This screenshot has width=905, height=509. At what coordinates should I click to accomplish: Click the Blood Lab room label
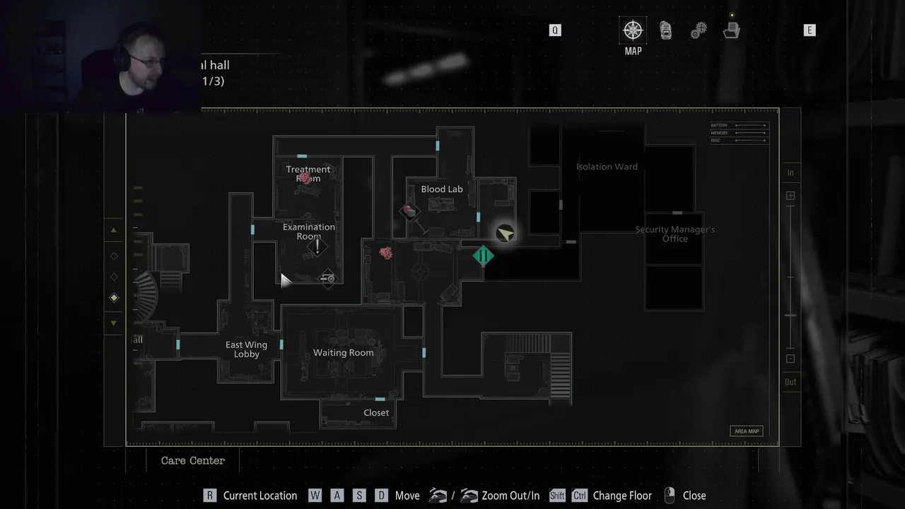(x=442, y=189)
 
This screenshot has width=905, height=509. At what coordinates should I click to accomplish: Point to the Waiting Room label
(x=343, y=353)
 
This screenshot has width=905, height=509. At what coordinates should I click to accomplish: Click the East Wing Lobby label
(x=246, y=349)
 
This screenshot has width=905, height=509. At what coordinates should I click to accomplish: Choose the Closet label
(x=376, y=413)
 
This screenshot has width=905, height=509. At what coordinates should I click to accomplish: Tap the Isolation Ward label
(x=607, y=167)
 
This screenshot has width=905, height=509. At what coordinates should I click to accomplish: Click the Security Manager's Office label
(x=675, y=234)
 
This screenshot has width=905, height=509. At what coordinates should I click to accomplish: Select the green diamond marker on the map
(x=484, y=256)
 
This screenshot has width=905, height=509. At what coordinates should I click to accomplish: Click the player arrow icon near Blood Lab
(x=505, y=234)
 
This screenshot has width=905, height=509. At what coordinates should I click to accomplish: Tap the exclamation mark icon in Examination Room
(x=317, y=246)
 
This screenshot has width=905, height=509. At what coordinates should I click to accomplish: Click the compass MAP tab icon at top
(x=633, y=30)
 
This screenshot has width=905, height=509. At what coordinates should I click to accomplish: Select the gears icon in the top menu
(x=699, y=30)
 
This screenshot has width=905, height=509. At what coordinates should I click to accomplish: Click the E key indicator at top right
(x=810, y=30)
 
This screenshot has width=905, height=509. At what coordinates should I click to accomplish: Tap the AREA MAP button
(x=747, y=431)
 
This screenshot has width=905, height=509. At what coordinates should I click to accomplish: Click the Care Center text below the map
(x=192, y=460)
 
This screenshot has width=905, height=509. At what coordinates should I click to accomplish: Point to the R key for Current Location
(x=209, y=496)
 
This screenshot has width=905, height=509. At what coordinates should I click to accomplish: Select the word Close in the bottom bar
(x=694, y=496)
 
